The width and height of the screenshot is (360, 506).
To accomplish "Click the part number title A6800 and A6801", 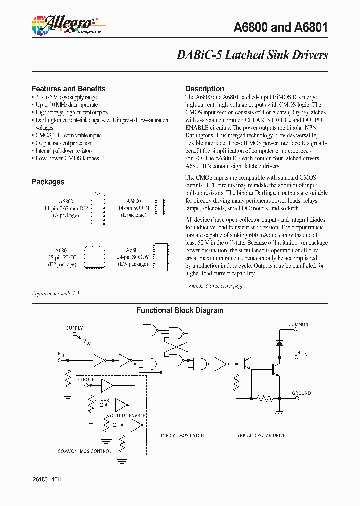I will tap(281, 27).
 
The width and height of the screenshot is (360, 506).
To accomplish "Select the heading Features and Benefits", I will tap(68, 89).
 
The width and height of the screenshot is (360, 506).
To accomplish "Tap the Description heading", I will tap(205, 89).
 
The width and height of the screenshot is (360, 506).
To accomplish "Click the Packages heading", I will tap(48, 182).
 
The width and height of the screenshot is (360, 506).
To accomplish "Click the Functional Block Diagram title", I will tap(180, 310).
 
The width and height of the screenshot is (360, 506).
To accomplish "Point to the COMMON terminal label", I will tap(298, 325).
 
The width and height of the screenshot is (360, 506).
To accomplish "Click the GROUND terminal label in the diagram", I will tap(301, 393).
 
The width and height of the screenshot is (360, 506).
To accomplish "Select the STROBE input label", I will tap(86, 380).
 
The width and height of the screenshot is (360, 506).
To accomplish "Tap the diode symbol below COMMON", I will tap(279, 343).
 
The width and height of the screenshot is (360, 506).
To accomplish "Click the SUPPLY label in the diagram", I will tap(75, 328).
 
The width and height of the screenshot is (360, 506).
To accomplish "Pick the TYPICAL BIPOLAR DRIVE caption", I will tap(260, 436).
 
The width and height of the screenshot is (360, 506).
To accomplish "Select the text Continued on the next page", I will tap(216, 286).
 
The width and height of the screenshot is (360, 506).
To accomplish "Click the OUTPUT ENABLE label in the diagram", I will tap(128, 416).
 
